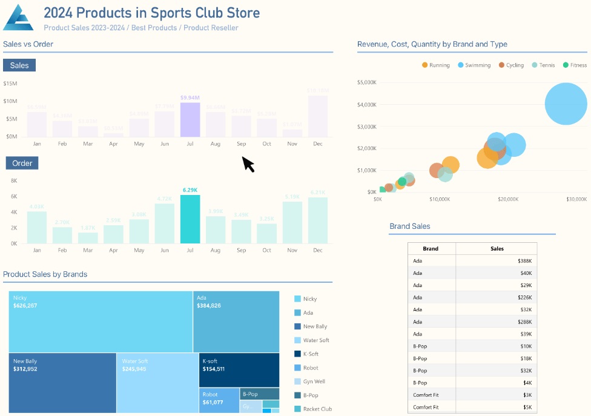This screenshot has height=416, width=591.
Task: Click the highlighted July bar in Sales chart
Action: click(x=190, y=120)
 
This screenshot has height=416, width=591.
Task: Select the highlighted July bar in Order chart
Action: click(x=190, y=219)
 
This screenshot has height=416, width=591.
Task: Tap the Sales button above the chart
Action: click(x=19, y=65)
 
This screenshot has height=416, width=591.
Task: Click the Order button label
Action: click(x=22, y=163)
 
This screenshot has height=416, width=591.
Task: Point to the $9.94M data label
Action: click(x=190, y=97)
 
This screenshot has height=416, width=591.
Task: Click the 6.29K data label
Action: click(x=190, y=190)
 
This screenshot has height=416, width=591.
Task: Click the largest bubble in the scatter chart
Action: click(x=566, y=104)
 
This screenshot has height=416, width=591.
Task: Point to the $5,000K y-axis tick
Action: click(x=368, y=82)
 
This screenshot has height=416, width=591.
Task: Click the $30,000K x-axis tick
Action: click(x=576, y=199)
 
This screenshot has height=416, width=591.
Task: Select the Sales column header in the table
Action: click(x=497, y=248)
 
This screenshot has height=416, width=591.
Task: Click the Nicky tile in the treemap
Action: click(x=101, y=322)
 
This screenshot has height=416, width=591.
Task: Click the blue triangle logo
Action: click(x=18, y=18)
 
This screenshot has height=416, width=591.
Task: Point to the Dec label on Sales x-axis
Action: click(x=318, y=144)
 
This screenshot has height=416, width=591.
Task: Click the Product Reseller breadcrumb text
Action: click(x=211, y=28)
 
